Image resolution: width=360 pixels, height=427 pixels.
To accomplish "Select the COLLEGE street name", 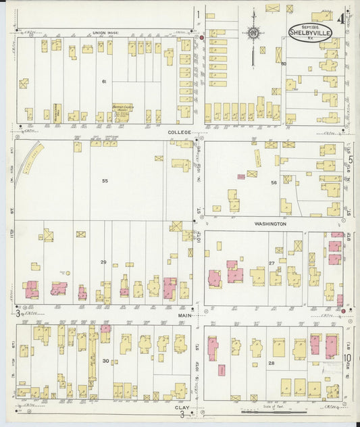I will click(180, 132).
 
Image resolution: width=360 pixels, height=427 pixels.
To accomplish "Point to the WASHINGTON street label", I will click(270, 223).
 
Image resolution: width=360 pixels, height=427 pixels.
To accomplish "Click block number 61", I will click(105, 81).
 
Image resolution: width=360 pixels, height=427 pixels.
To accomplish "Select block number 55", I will click(105, 181).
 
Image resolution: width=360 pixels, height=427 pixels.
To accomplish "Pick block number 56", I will click(274, 182).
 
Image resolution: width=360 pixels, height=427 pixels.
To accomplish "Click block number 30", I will click(105, 361).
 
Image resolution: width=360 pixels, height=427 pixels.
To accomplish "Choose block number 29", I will click(103, 261).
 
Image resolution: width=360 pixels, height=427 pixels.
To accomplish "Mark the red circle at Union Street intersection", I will click(201, 38).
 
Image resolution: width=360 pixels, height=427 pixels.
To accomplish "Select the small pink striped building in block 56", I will click(241, 177).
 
